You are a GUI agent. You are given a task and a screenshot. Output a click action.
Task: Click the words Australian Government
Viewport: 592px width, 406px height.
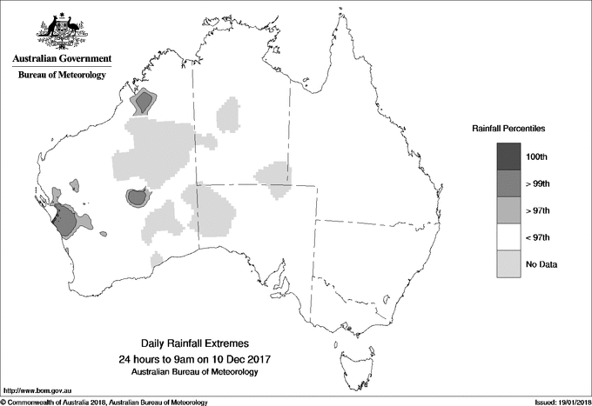(62, 59)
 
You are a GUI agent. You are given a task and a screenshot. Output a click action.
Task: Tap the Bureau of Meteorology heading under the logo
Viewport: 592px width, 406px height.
(62, 75)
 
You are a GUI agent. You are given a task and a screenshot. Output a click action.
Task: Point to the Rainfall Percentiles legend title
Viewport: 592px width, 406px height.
(508, 128)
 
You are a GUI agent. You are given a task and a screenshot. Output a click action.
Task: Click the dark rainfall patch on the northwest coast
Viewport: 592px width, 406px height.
(141, 104)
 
